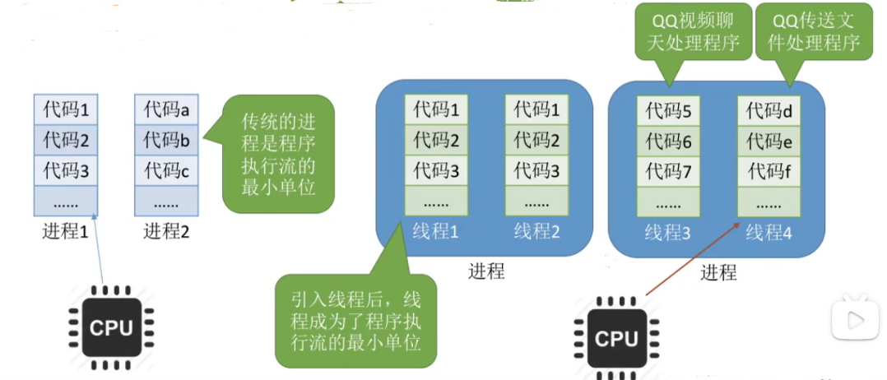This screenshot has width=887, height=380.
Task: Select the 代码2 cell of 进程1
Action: point(66,140)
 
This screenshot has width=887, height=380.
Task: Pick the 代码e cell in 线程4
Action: point(769,142)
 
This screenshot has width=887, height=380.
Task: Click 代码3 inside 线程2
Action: point(536,172)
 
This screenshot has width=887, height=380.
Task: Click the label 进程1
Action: point(65,231)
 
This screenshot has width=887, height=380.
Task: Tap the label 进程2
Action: point(166,231)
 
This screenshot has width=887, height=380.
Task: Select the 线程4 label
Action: point(769,233)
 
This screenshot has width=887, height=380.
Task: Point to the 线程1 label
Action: point(436,231)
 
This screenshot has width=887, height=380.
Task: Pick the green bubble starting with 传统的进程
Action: point(277,155)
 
